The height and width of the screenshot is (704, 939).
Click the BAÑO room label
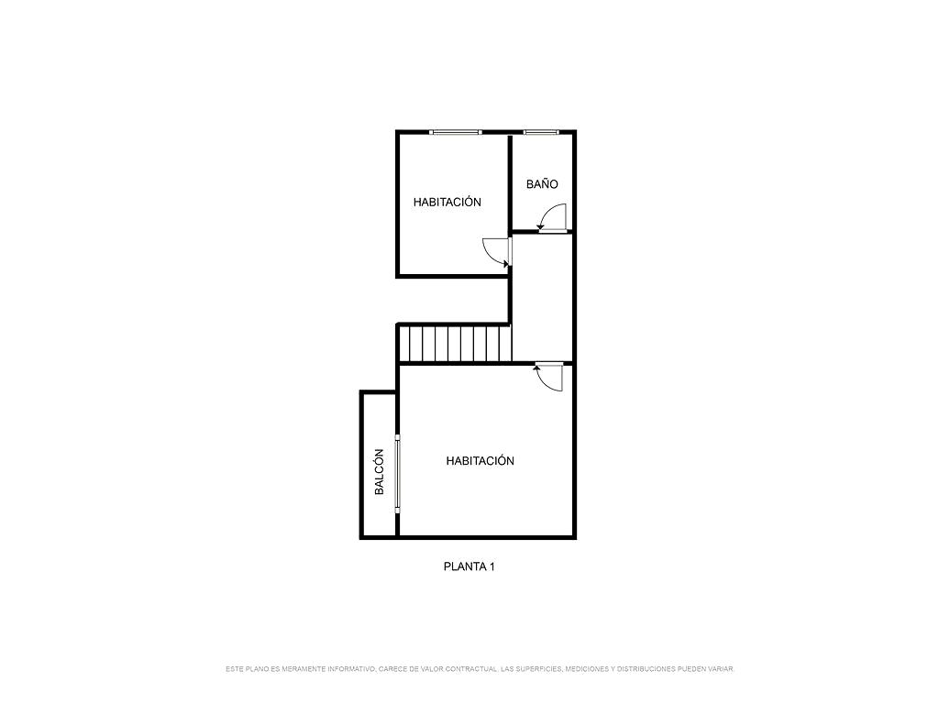tap(542, 183)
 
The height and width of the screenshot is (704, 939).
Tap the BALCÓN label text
tap(379, 472)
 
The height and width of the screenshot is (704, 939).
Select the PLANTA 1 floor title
tap(469, 566)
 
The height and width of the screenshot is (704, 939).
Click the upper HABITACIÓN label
tap(447, 203)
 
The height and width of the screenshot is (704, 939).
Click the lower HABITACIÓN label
tap(480, 461)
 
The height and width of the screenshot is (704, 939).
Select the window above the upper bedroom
tap(456, 132)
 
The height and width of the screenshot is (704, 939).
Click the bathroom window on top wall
tap(541, 132)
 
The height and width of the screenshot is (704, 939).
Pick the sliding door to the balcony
tap(397, 473)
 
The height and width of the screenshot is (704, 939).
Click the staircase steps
tap(455, 343)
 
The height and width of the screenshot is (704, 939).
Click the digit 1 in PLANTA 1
tap(492, 566)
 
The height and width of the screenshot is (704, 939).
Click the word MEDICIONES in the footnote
tap(588, 668)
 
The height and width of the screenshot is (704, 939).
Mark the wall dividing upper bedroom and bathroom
tap(510, 182)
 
